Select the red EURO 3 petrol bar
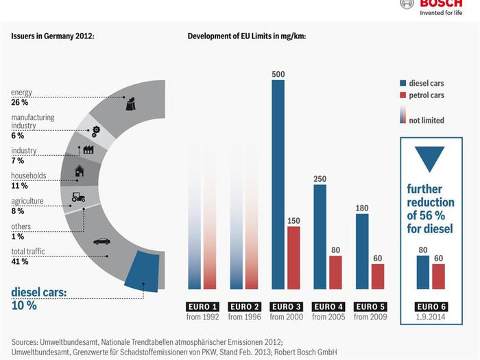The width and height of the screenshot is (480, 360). tap(293, 257)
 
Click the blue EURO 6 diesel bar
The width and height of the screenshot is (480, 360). tap(422, 272)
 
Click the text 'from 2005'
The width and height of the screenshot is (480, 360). tap(328, 317)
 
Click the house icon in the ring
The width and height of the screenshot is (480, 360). tap(80, 171)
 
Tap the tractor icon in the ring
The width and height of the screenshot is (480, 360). tap(78, 197)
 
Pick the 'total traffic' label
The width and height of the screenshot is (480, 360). tap(28, 252)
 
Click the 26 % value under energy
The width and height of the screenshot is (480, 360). tap(20, 102)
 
